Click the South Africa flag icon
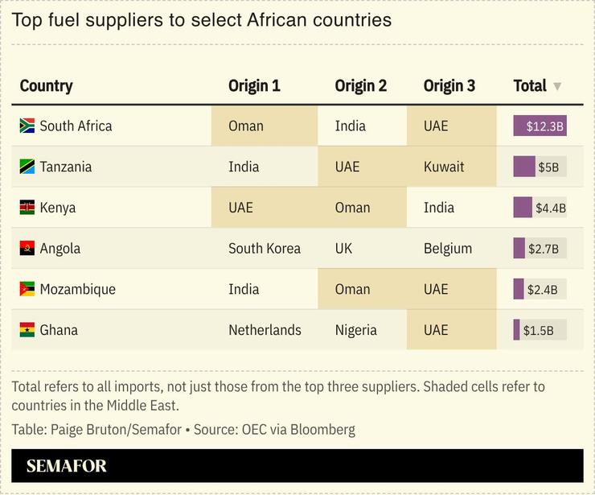(27, 126)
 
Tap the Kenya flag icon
(27, 208)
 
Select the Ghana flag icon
(27, 330)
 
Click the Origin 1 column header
(254, 85)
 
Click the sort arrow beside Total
(557, 86)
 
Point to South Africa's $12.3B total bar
(540, 126)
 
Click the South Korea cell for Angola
(264, 249)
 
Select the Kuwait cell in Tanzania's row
(444, 167)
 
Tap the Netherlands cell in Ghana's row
(265, 330)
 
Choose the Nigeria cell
(355, 330)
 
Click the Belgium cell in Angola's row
(447, 249)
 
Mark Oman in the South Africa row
(245, 126)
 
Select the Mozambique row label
(77, 289)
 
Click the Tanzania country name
(65, 167)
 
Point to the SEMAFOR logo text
(66, 466)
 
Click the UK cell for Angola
(343, 249)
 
